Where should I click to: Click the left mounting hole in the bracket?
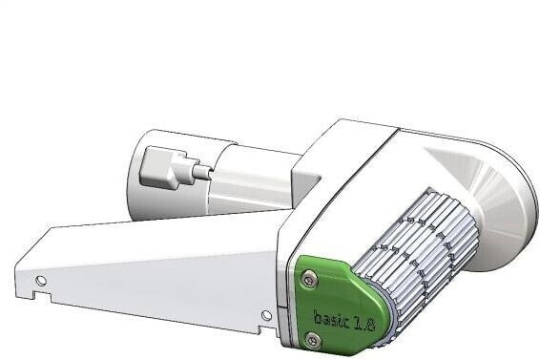pyautogui.click(x=40, y=280)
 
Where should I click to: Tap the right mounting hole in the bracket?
pyautogui.click(x=266, y=314)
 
